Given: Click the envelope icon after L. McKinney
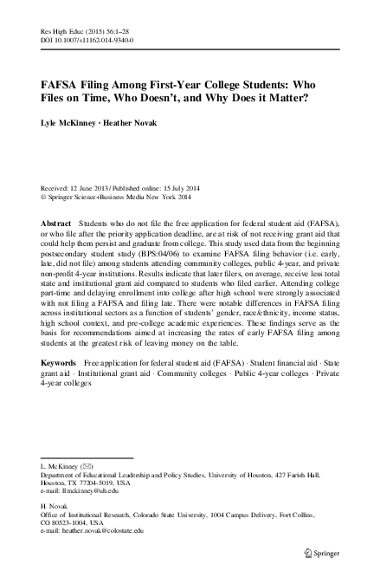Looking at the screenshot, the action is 87,465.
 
